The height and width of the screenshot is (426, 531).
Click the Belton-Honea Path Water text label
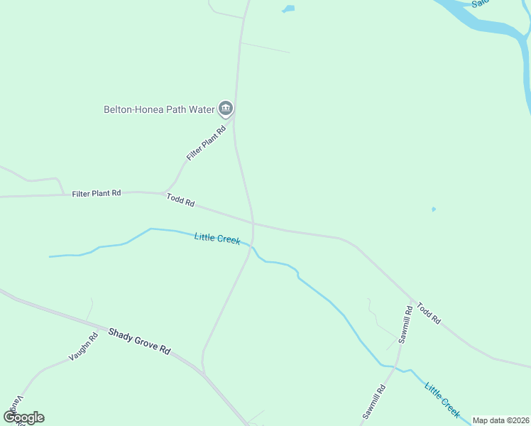coord(160,109)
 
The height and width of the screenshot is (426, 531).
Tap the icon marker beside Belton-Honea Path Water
coord(226,109)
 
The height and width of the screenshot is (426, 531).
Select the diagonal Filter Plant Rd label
coord(206,142)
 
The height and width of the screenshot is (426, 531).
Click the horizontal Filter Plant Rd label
coord(97,192)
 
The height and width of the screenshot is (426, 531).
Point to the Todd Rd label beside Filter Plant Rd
coord(180,200)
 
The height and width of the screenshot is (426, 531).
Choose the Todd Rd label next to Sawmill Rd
coord(429,313)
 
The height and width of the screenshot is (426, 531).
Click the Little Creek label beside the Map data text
coord(442,399)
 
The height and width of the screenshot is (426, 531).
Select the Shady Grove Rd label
coord(140,341)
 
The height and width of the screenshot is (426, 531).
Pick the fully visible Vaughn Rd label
coord(83,347)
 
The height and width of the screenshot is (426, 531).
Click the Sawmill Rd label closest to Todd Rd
coord(404,324)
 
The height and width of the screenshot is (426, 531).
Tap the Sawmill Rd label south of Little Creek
coord(373,401)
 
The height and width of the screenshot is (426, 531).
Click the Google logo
coord(23,417)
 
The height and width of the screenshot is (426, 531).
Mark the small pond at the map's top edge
coord(288,9)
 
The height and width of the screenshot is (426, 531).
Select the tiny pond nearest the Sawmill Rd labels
coord(433,209)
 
